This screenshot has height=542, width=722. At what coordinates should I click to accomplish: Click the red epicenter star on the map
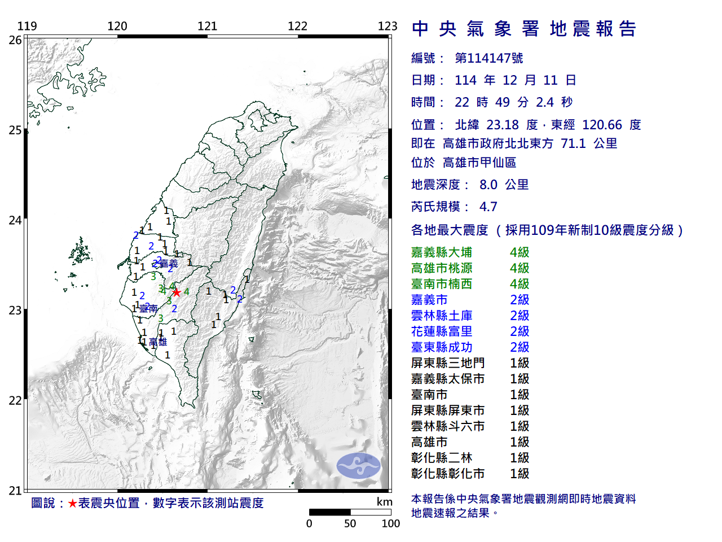[177, 292]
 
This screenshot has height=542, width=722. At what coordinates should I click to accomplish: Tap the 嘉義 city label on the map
[169, 264]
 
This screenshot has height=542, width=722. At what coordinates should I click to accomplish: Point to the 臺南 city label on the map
[148, 309]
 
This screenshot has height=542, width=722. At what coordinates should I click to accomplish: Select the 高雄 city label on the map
[158, 342]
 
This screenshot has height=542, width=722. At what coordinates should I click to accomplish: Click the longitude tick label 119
[27, 26]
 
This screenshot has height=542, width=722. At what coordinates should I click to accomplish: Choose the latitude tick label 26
[15, 40]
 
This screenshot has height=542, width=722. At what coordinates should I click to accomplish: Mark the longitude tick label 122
[297, 26]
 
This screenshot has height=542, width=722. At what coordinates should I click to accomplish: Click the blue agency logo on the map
[359, 466]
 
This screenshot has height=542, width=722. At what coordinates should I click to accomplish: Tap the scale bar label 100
[390, 524]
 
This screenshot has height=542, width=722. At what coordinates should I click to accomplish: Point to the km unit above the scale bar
[385, 502]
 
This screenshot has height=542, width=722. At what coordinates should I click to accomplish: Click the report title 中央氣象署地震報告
[524, 29]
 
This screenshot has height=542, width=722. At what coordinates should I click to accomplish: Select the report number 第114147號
[488, 58]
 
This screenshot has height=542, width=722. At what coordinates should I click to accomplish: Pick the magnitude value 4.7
[488, 207]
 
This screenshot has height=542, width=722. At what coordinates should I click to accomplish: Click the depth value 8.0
[488, 185]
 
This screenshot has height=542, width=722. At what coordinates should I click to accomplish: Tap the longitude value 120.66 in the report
[602, 125]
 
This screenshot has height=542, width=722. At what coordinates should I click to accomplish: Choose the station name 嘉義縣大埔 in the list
[442, 252]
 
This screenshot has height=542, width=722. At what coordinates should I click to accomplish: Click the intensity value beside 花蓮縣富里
[520, 331]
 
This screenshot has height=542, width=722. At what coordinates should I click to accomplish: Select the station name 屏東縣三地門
[448, 363]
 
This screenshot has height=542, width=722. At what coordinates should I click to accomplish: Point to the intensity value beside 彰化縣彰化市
[520, 474]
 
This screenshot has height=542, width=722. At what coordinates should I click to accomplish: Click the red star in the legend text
[72, 503]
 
